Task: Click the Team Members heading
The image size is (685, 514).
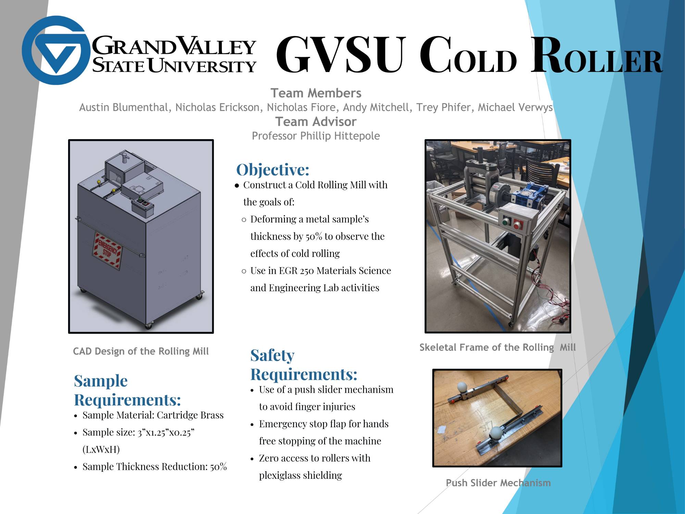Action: [x=316, y=93]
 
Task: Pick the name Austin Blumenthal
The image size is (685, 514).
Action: [x=124, y=108]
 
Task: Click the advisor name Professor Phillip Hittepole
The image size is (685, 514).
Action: [x=316, y=136]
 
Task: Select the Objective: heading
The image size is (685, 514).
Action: [x=273, y=170]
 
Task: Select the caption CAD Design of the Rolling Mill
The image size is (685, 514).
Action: [x=141, y=351]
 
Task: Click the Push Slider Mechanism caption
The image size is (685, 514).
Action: [x=498, y=483]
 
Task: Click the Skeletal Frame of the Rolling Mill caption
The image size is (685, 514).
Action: [x=498, y=347]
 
